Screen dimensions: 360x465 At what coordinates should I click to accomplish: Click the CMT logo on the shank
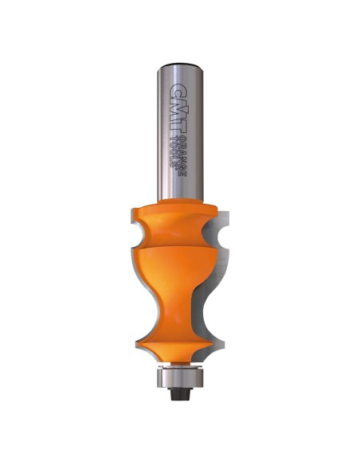(179, 109)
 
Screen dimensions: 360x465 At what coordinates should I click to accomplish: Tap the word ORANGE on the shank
(183, 157)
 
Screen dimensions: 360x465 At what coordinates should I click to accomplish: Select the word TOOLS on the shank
(175, 151)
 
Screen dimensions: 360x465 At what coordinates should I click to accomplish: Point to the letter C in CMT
(179, 89)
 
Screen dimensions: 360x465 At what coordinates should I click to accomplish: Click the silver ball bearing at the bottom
(180, 377)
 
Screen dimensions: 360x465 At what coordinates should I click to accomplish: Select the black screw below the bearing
(180, 393)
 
